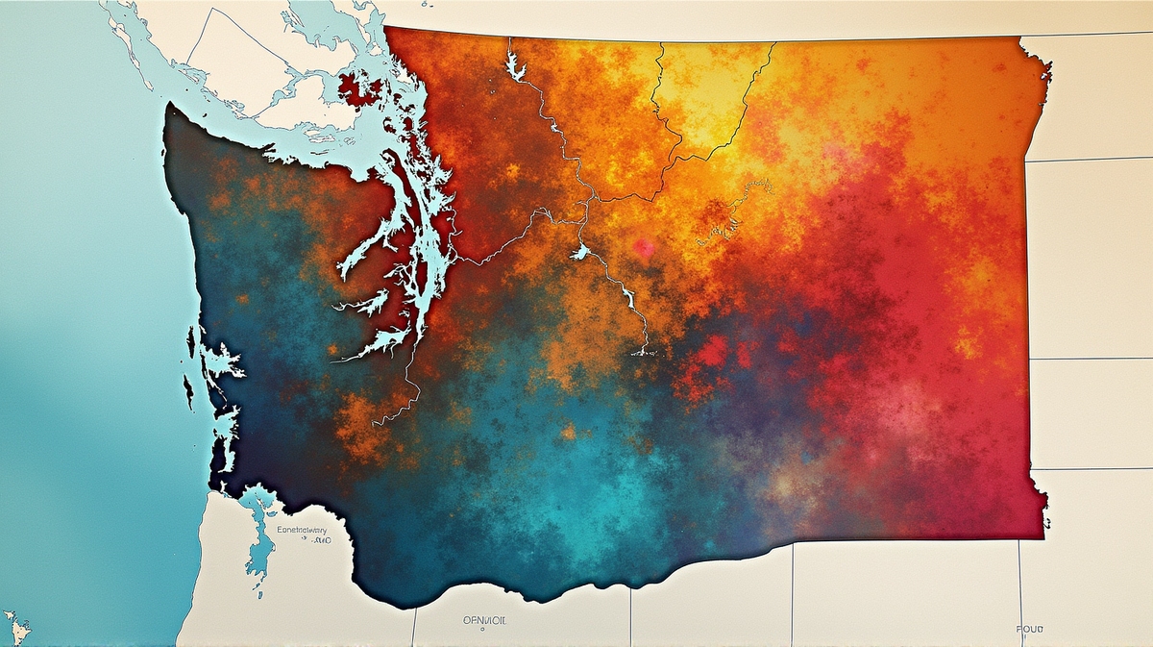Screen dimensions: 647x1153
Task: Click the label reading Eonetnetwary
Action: point(301,530)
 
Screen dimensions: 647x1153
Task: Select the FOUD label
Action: point(1028,629)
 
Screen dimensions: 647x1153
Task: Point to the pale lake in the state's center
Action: point(578,253)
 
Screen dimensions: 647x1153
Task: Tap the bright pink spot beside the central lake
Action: point(643,249)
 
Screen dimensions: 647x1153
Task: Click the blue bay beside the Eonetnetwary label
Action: point(257,538)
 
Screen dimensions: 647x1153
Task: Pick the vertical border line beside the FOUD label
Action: point(1020,586)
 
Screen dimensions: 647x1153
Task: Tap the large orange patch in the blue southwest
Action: point(360,423)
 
